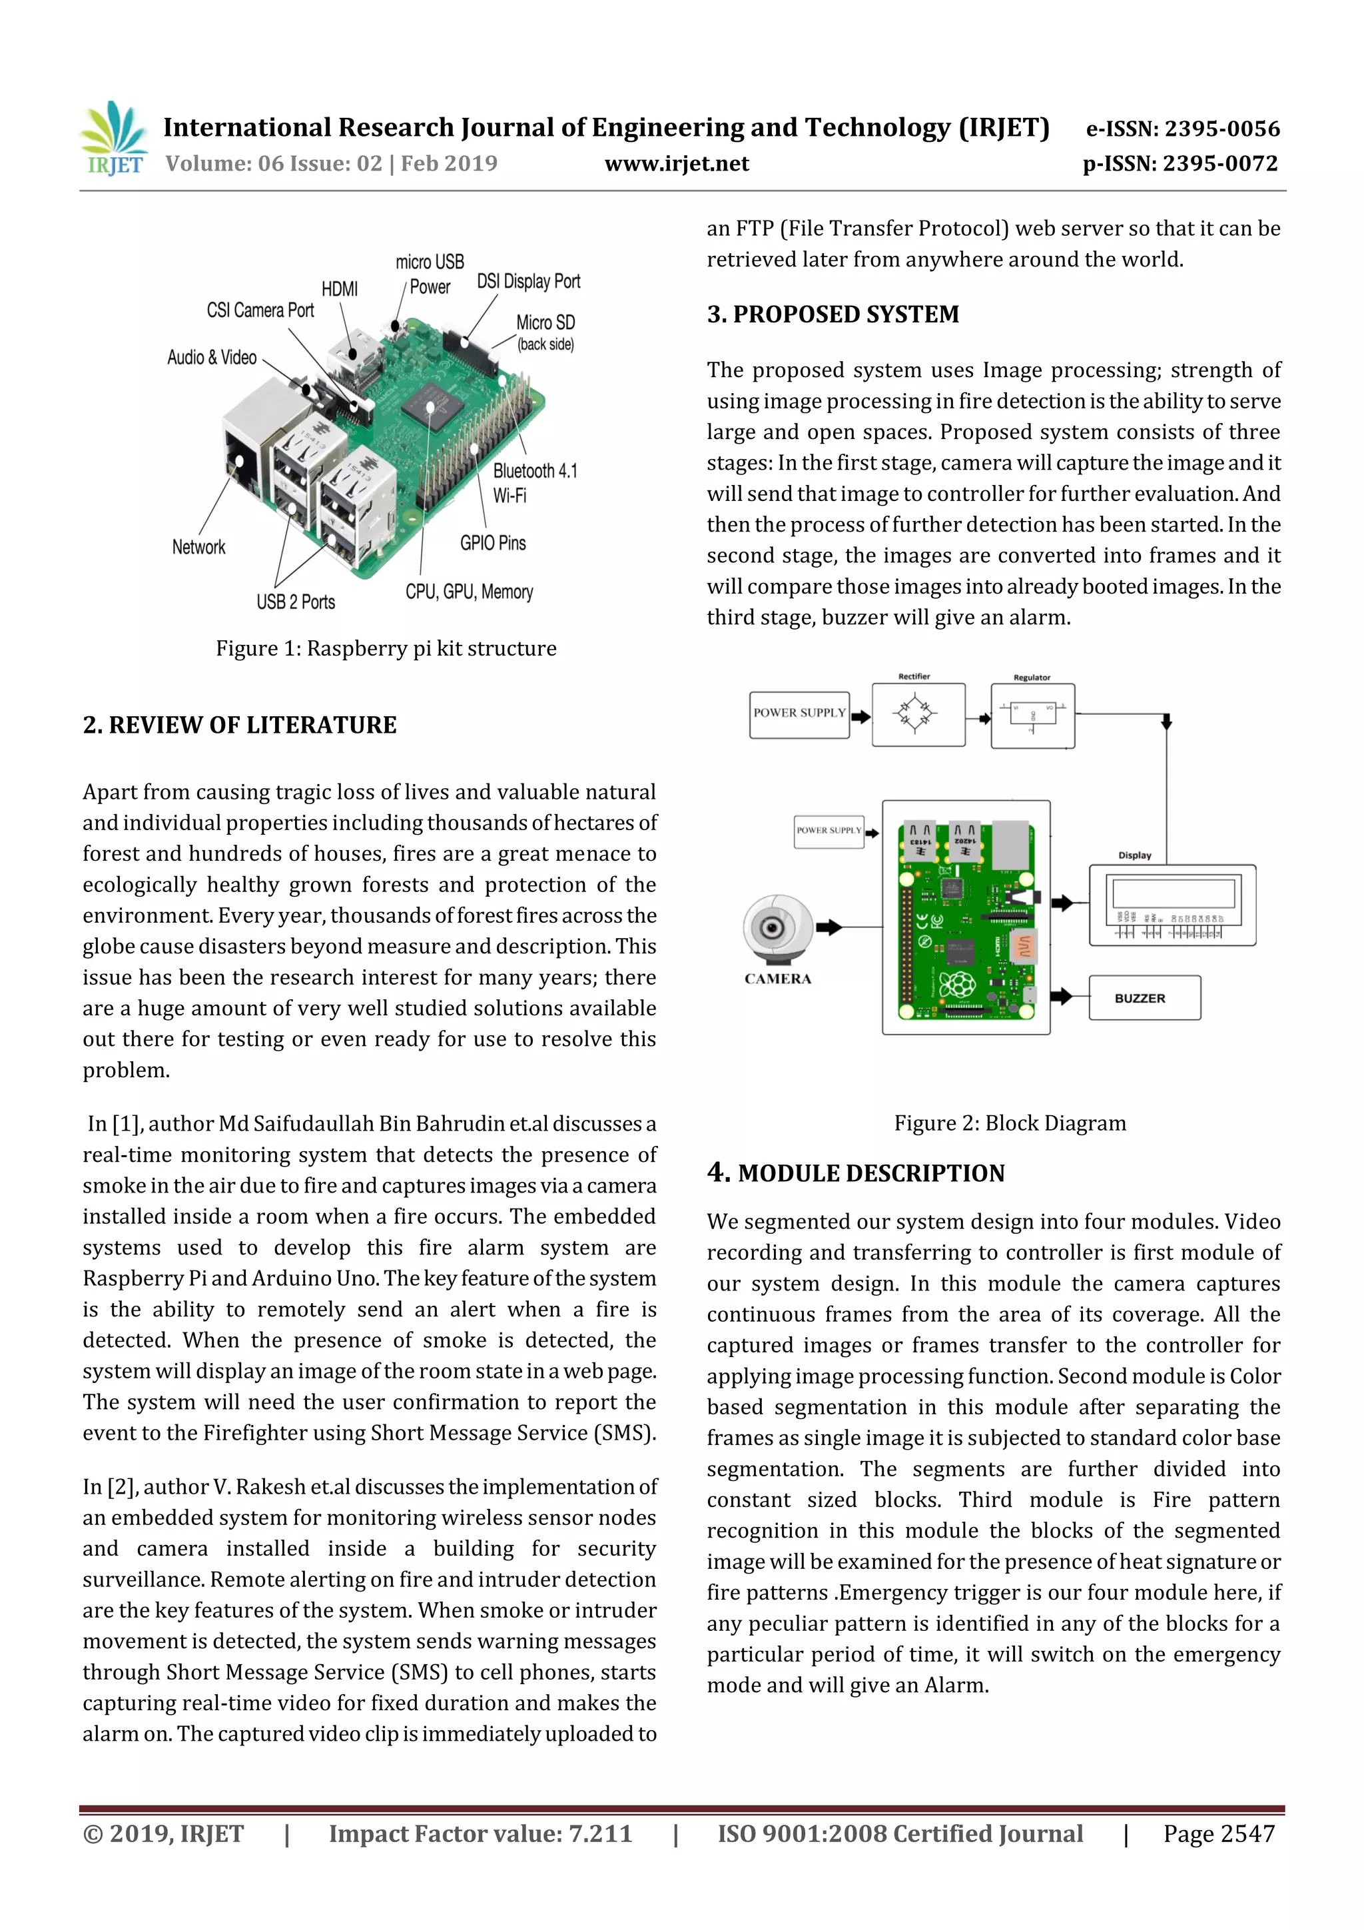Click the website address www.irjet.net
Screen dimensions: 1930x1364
point(677,163)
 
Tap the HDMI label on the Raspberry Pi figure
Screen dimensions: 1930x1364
point(340,289)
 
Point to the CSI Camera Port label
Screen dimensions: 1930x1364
point(260,310)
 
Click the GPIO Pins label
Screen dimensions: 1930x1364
point(492,543)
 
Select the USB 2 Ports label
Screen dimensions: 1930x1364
point(296,602)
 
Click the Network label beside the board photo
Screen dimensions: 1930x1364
point(198,547)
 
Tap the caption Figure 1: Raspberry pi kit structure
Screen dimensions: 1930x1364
point(386,648)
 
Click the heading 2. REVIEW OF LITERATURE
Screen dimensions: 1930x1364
point(240,725)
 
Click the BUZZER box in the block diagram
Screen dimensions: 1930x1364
point(1144,998)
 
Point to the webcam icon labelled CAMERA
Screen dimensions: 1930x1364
point(777,929)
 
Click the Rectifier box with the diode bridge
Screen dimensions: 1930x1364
point(918,714)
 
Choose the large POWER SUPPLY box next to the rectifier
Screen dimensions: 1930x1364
point(799,714)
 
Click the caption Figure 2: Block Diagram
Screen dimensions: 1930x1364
point(1009,1123)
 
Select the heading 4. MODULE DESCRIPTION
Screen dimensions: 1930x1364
point(856,1173)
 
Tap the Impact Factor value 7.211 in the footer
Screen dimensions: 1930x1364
point(480,1833)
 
